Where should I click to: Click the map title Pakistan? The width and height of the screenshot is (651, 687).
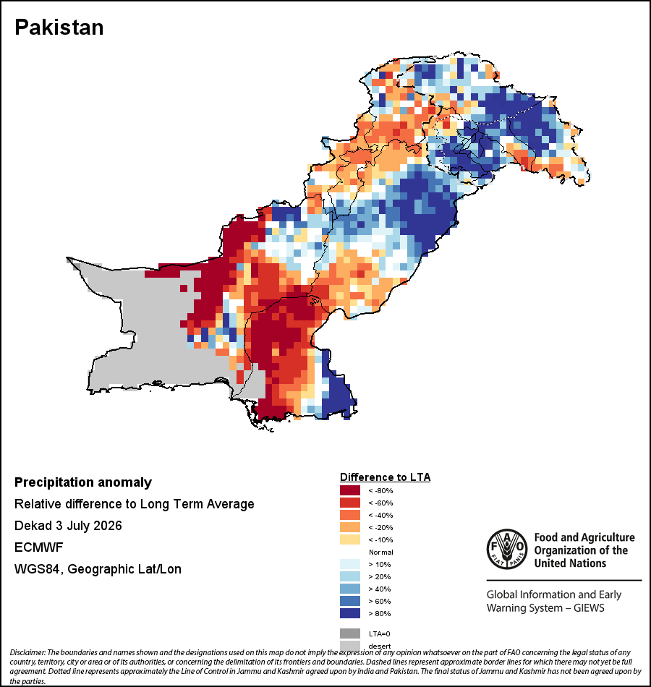tap(59, 27)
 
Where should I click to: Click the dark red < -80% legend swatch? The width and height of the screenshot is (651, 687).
tap(350, 490)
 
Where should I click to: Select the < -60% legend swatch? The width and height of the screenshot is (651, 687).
tap(350, 503)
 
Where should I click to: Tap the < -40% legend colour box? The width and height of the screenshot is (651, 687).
tap(350, 515)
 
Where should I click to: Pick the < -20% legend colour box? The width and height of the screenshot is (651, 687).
tap(350, 527)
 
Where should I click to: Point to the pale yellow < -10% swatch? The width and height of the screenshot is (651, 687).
tap(350, 539)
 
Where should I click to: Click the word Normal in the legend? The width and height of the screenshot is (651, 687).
tap(380, 552)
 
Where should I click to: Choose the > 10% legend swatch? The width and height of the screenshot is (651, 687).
tap(350, 564)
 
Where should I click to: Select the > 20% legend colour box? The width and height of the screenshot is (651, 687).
tap(350, 576)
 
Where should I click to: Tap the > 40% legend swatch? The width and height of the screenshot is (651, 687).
tap(350, 589)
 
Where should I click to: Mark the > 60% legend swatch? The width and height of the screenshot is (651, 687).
tap(350, 601)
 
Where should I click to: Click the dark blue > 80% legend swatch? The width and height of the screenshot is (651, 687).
tap(350, 613)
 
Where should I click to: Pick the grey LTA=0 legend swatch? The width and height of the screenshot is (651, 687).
tap(350, 633)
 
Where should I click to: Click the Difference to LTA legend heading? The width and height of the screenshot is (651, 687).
tap(385, 477)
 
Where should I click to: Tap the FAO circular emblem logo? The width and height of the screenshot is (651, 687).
tap(507, 549)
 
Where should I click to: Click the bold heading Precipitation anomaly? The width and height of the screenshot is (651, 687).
tap(83, 482)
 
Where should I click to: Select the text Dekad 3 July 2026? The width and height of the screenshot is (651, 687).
tap(68, 526)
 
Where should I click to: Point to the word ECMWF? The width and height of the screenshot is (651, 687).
tap(38, 547)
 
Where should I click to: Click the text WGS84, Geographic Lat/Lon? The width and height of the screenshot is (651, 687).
tap(98, 569)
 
